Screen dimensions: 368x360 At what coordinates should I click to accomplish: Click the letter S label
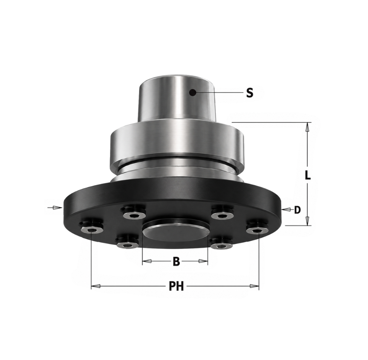pyautogui.click(x=250, y=93)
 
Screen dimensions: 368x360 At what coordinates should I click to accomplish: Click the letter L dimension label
pyautogui.click(x=308, y=175)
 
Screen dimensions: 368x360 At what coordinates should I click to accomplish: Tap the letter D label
pyautogui.click(x=297, y=210)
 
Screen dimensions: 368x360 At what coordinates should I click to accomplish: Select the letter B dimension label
pyautogui.click(x=176, y=261)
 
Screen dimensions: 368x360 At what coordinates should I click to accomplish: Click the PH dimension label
pyautogui.click(x=176, y=286)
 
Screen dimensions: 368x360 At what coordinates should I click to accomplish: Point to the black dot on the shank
pyautogui.click(x=193, y=93)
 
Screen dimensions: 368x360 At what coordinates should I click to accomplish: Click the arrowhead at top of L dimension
pyautogui.click(x=306, y=127)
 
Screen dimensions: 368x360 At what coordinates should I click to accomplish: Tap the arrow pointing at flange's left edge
pyautogui.click(x=55, y=208)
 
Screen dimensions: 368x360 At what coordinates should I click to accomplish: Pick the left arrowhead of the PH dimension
pyautogui.click(x=96, y=286)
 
